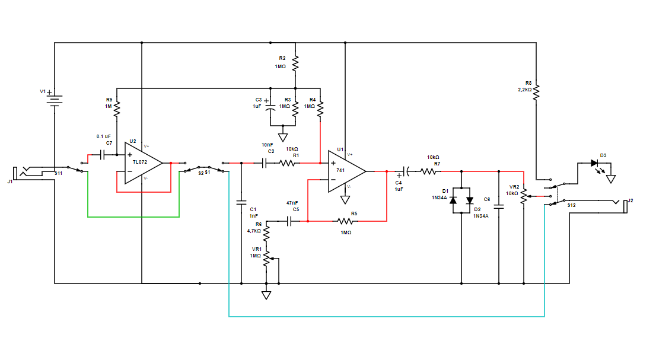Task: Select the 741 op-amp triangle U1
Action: pos(346,171)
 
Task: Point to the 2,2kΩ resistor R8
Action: pos(536,92)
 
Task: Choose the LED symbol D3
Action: pos(595,163)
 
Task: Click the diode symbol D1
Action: pos(453,200)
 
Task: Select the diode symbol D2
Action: pos(470,200)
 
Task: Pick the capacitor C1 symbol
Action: pos(241,202)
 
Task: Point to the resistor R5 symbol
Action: pos(346,221)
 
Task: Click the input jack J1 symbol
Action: pos(26,173)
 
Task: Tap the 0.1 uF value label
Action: pos(104,136)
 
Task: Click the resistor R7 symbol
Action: pos(429,171)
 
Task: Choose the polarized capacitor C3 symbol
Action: pos(270,108)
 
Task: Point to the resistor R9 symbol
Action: pos(117,109)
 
